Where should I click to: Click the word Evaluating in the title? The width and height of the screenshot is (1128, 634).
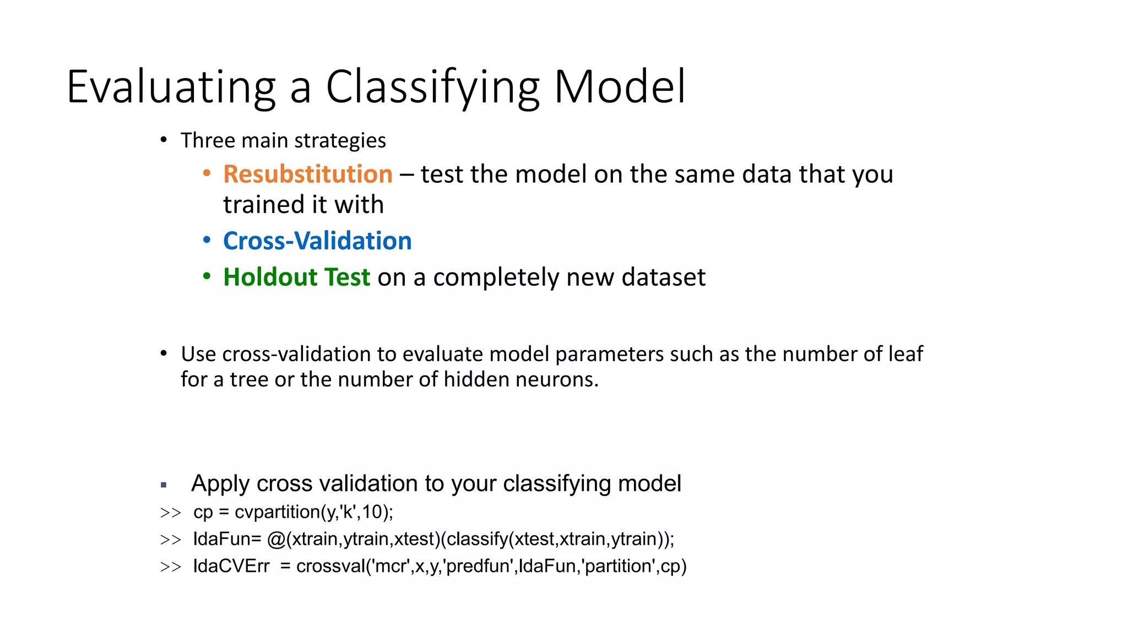pos(171,87)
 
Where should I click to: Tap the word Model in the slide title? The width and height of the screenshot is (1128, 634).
pos(620,87)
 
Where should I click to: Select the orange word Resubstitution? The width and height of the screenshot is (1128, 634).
pos(307,174)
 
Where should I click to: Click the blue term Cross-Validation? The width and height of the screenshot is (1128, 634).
pos(317,241)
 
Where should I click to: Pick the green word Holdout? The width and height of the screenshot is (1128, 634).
pos(270,277)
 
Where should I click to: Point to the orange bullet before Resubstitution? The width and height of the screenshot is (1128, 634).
pos(207,173)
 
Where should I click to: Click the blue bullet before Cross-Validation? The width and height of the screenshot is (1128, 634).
pos(207,240)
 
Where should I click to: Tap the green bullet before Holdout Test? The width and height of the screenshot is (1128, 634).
pos(207,276)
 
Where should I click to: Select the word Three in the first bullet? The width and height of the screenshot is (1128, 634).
pos(208,140)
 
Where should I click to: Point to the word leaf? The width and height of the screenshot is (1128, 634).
pos(905,354)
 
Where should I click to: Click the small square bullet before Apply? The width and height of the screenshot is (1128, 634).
pos(164,485)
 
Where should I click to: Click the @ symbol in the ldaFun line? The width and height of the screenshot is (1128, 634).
pos(276,539)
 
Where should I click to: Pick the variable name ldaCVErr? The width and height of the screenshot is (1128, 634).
pos(231,566)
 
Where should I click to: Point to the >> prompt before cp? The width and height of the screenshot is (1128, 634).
pos(170,513)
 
